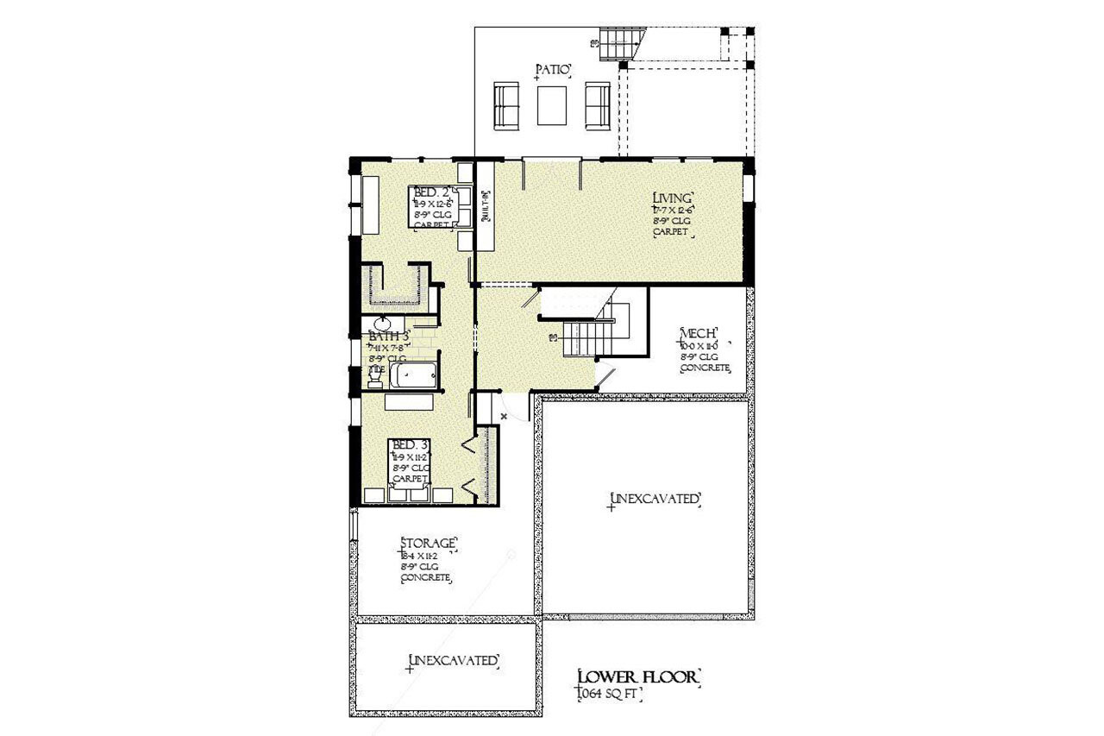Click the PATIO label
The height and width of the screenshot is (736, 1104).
coord(553,70)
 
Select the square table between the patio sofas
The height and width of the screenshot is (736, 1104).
coord(552,105)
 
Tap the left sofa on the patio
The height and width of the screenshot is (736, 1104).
coord(506,105)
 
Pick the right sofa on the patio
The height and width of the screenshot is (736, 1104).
coord(598,105)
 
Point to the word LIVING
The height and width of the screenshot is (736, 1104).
coord(674,198)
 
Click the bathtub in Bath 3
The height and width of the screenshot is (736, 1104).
coord(413,377)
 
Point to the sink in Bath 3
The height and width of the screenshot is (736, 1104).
coord(381,324)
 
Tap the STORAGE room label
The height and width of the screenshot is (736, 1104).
coord(428,543)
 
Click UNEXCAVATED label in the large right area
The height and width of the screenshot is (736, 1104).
coord(653,499)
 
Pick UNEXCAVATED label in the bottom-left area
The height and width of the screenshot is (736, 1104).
coord(454,661)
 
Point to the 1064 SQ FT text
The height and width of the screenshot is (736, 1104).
coord(611,694)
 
